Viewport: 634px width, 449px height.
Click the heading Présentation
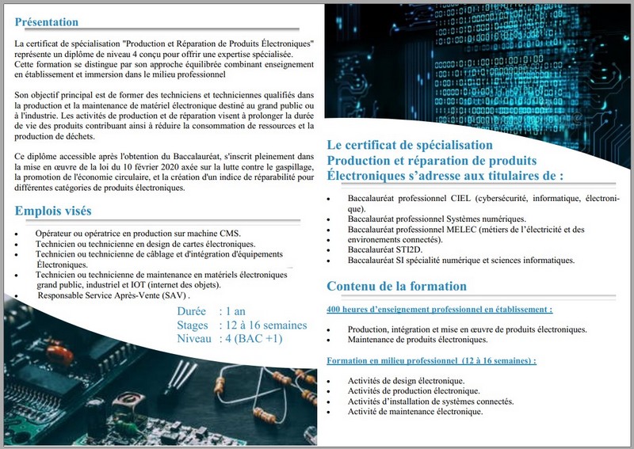47,22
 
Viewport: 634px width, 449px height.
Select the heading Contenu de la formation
396,286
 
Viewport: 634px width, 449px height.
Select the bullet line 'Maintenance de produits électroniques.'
418,340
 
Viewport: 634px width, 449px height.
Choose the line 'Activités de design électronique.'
406,381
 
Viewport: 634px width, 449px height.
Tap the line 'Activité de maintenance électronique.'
414,412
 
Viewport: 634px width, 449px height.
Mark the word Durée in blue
193,312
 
